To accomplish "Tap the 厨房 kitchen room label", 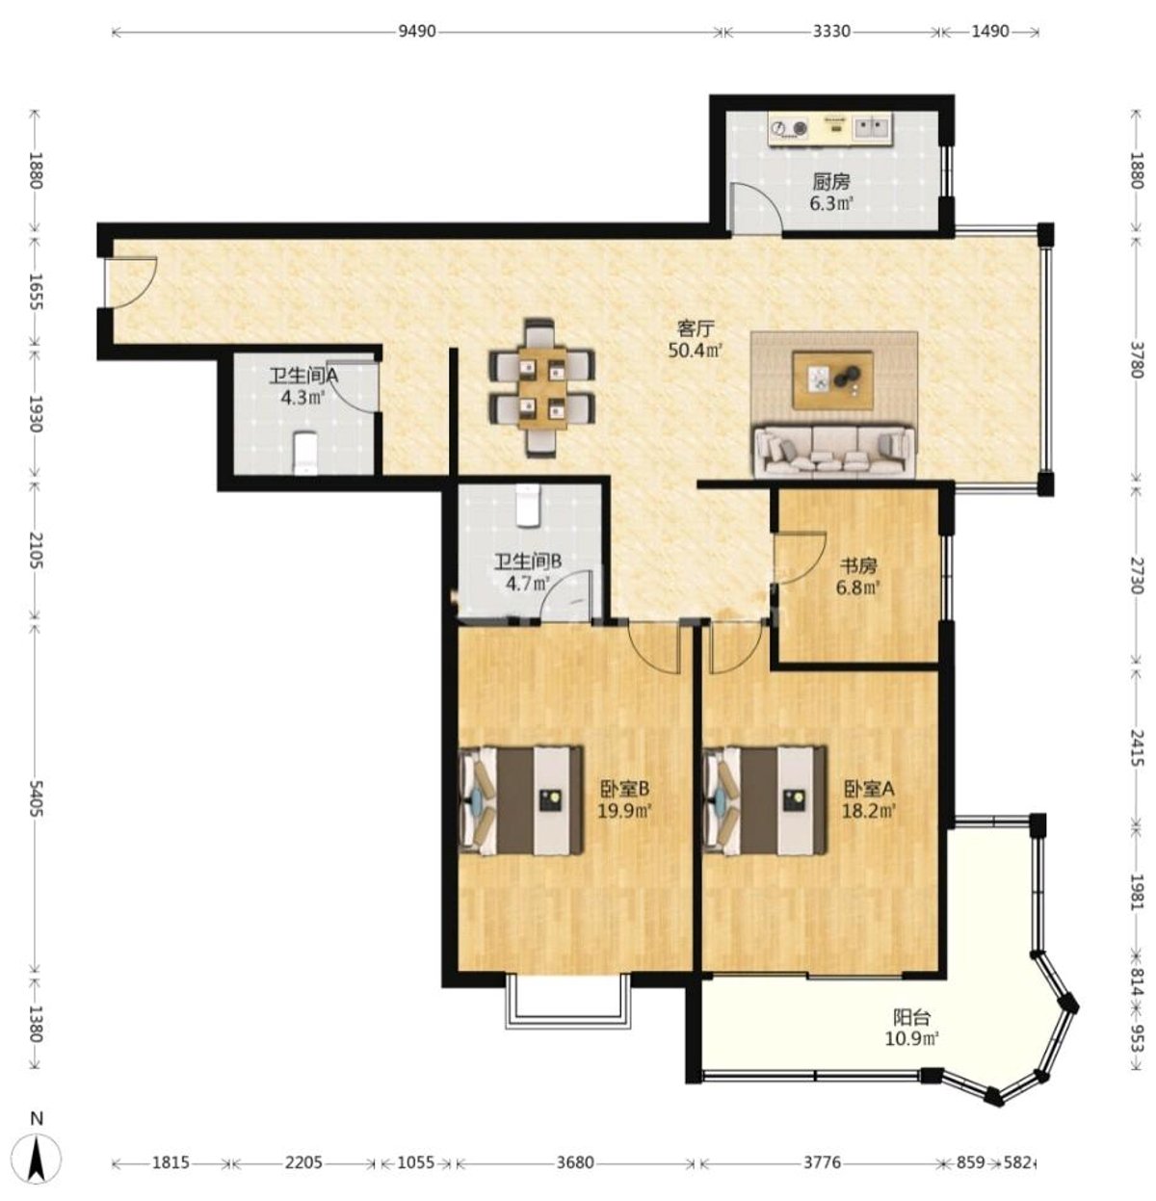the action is [x=830, y=181].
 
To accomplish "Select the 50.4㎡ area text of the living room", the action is [x=696, y=350].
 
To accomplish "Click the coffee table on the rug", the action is [x=832, y=379].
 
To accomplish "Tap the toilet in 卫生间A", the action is [x=304, y=453].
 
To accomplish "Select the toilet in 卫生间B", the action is [x=528, y=506].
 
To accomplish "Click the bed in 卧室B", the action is [x=521, y=800].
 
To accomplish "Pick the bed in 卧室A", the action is [x=765, y=800].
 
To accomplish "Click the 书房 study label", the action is [x=858, y=565].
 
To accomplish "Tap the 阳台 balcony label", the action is [x=911, y=1018].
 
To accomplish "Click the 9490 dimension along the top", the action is [x=417, y=31].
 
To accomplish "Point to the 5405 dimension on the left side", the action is [x=36, y=797].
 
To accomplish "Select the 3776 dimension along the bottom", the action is [x=823, y=1163].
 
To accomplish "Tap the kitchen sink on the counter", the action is [x=871, y=128].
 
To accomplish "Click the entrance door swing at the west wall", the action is [x=131, y=281].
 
